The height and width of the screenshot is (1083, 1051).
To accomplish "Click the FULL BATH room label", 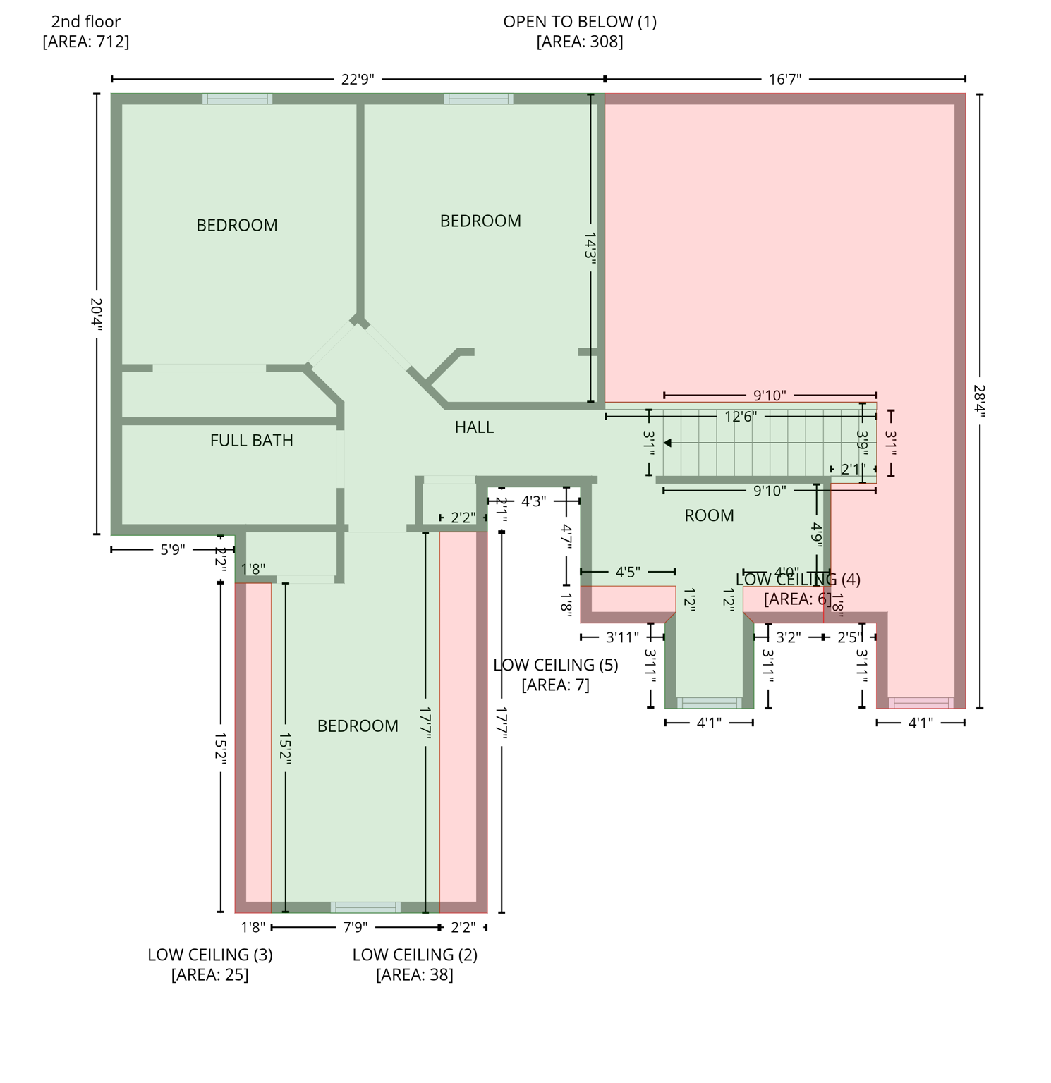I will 251,441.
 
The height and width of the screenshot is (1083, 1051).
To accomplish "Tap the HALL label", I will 474,427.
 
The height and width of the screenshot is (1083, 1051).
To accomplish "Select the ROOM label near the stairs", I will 709,516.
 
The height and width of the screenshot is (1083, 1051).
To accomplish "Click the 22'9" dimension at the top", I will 358,79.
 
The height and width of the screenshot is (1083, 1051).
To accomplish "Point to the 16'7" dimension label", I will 785,79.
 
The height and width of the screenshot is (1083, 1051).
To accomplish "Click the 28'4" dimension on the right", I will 979,400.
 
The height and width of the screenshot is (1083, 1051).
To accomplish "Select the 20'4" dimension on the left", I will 97,314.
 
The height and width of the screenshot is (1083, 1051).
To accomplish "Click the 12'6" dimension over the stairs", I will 740,417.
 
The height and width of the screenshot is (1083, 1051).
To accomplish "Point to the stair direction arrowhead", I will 667,443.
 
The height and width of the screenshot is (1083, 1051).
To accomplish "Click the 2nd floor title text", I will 85,22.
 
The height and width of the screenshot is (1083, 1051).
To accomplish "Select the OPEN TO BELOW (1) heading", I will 580,22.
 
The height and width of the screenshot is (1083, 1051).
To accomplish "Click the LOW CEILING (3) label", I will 209,955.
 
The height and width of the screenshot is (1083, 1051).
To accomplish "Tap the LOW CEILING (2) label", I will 415,955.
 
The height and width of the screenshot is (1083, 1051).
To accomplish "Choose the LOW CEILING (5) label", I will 555,665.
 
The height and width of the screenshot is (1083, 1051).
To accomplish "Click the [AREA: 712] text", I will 85,42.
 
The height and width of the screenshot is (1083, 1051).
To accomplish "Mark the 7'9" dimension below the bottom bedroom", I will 356,927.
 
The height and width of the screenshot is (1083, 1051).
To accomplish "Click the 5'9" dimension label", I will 172,550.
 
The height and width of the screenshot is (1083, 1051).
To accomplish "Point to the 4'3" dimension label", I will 533,501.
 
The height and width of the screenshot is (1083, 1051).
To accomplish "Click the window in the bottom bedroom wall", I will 365,907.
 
